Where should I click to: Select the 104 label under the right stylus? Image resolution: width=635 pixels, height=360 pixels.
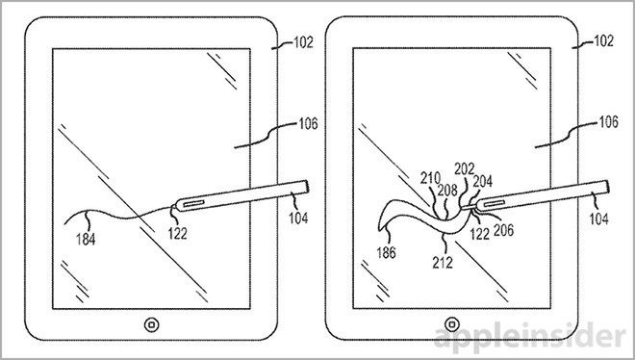click(x=599, y=218)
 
